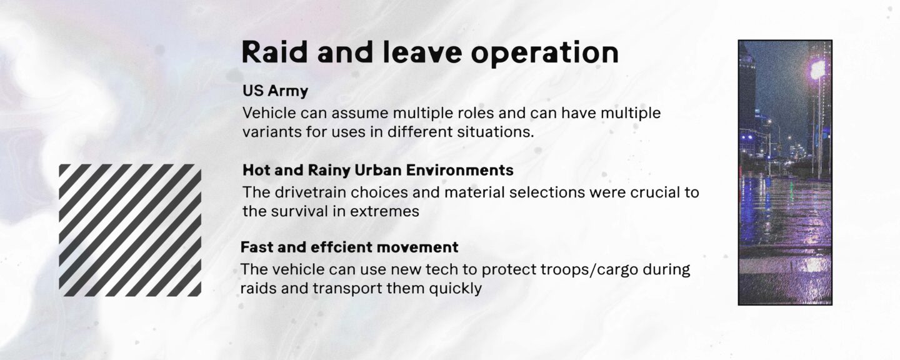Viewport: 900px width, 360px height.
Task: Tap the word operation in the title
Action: pyautogui.click(x=544, y=54)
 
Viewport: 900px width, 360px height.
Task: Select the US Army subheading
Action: pyautogui.click(x=275, y=91)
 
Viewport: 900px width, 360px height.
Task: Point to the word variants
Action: pyautogui.click(x=272, y=132)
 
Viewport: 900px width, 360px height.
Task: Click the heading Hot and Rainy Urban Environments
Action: pyautogui.click(x=378, y=171)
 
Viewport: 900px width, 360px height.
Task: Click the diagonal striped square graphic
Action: pyautogui.click(x=130, y=230)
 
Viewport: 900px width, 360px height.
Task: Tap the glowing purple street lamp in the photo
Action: pyautogui.click(x=817, y=70)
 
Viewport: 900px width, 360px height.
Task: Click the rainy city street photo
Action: pyautogui.click(x=785, y=172)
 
